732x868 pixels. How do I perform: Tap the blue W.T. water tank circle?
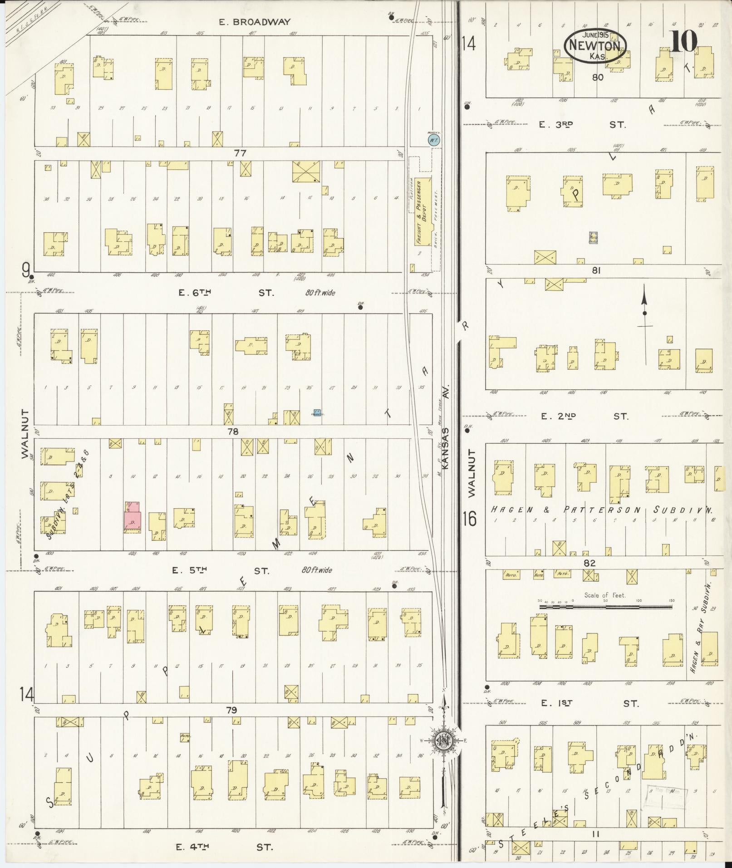tap(433, 140)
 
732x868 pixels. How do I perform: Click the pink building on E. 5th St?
tap(133, 517)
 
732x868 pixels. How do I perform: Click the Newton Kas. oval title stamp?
tap(595, 46)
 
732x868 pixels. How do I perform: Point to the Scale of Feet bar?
tap(606, 606)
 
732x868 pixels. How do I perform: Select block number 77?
tap(240, 153)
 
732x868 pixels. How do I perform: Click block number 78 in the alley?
tap(233, 432)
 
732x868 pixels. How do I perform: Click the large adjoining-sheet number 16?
tap(470, 518)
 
